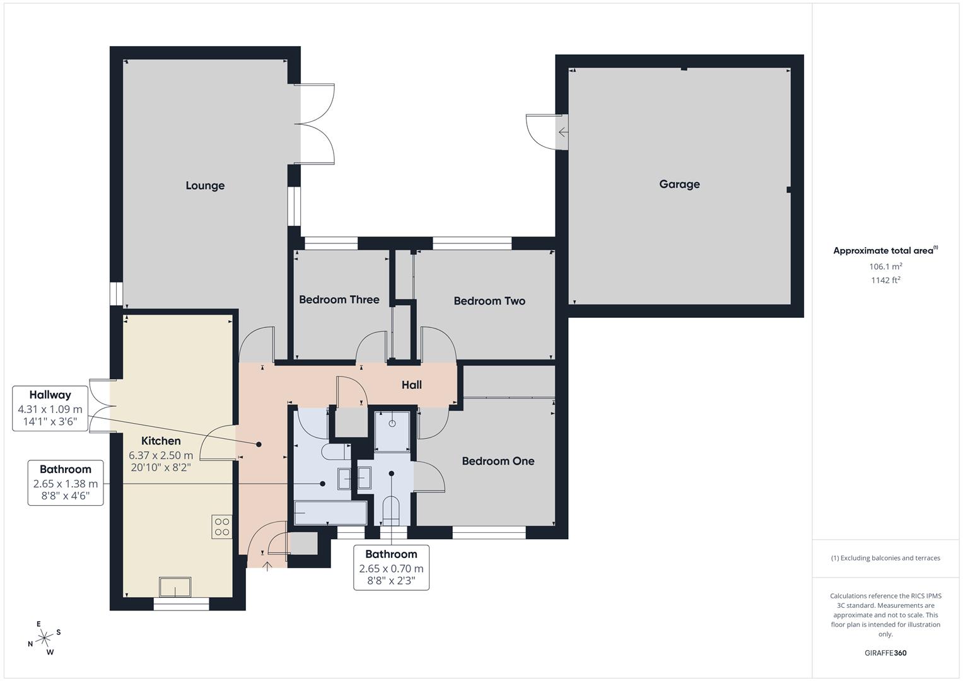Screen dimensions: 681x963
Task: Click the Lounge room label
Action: click(205, 185)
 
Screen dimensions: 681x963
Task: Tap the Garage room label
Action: click(679, 184)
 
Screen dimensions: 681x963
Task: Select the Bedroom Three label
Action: click(339, 300)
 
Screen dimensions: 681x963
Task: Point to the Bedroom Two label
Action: click(489, 301)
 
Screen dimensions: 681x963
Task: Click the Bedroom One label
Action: click(498, 461)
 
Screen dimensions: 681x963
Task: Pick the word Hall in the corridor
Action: click(411, 385)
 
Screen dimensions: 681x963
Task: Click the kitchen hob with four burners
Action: click(221, 527)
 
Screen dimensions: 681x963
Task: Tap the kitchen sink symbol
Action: click(175, 587)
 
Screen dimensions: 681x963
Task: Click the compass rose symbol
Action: click(44, 639)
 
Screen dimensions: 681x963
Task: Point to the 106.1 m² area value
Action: click(885, 266)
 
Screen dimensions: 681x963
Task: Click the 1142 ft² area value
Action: click(885, 280)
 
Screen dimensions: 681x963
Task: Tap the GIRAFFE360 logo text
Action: click(885, 653)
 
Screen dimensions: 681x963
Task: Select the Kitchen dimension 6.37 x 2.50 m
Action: click(161, 455)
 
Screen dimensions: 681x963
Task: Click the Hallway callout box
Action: click(50, 408)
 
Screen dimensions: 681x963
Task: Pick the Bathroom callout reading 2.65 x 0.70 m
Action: click(391, 567)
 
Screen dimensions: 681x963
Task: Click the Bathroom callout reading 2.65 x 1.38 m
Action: click(66, 482)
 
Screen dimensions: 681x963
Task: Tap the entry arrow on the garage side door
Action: click(563, 132)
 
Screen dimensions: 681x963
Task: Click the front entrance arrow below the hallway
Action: click(267, 566)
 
